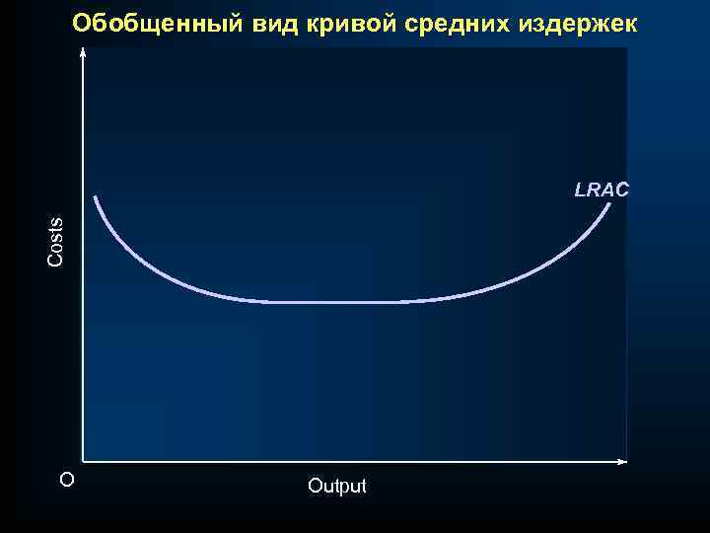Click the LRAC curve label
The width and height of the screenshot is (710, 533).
coord(602,190)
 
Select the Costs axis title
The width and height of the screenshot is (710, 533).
coord(56,241)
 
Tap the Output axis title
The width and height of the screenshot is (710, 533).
coord(336,486)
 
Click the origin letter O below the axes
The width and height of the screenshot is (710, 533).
coord(66,480)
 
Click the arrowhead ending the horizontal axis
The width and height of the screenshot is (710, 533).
coord(622,461)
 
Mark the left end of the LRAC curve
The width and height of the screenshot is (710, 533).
coord(96,197)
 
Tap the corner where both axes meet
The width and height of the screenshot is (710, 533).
coord(84,461)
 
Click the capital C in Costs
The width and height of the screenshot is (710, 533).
coord(56,261)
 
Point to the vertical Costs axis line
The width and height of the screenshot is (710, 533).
coord(84,296)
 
